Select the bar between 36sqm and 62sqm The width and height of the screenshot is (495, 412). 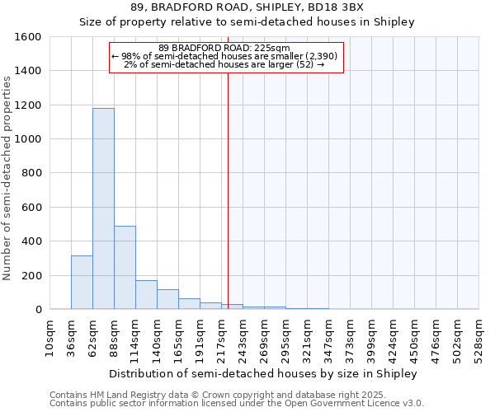tap(82, 283)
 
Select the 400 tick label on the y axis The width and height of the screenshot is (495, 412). tap(32, 241)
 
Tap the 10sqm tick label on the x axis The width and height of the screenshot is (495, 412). tap(50, 338)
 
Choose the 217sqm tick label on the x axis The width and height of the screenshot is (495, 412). tap(222, 338)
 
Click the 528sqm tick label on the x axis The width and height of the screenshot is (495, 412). tap(479, 338)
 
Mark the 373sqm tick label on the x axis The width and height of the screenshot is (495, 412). tap(351, 338)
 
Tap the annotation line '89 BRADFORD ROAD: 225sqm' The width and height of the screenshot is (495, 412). tap(224, 48)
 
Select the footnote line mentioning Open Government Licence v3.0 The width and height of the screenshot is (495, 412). tap(237, 404)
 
